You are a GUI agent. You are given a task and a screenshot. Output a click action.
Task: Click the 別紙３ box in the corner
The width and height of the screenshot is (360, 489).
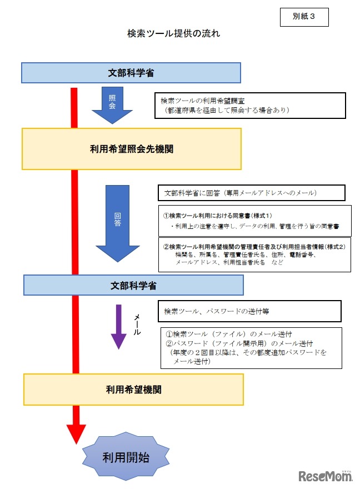coord(304,17)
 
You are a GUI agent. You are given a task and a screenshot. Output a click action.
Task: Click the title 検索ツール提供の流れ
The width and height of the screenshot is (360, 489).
coord(173,33)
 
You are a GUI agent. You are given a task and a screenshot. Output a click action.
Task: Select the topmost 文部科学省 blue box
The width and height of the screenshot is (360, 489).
coord(131,73)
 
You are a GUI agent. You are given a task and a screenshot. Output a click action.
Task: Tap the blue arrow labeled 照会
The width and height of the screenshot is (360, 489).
coord(112,105)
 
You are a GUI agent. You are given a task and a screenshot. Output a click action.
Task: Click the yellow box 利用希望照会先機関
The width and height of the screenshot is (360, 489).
coord(132,149)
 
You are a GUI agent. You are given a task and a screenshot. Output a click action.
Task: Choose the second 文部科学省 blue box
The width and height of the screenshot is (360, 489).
coord(133,285)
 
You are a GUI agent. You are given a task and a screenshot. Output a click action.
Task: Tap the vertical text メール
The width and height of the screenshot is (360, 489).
coord(137,325)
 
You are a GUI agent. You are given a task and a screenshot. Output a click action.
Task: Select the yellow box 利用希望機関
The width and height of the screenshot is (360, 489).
coord(133,390)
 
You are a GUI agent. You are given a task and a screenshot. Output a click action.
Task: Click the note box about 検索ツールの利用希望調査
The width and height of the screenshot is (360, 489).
coord(251,105)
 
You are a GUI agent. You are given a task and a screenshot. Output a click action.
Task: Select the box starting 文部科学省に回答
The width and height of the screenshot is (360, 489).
coord(251,193)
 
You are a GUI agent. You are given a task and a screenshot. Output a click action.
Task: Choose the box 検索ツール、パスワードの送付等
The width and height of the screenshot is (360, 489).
coord(249,311)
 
